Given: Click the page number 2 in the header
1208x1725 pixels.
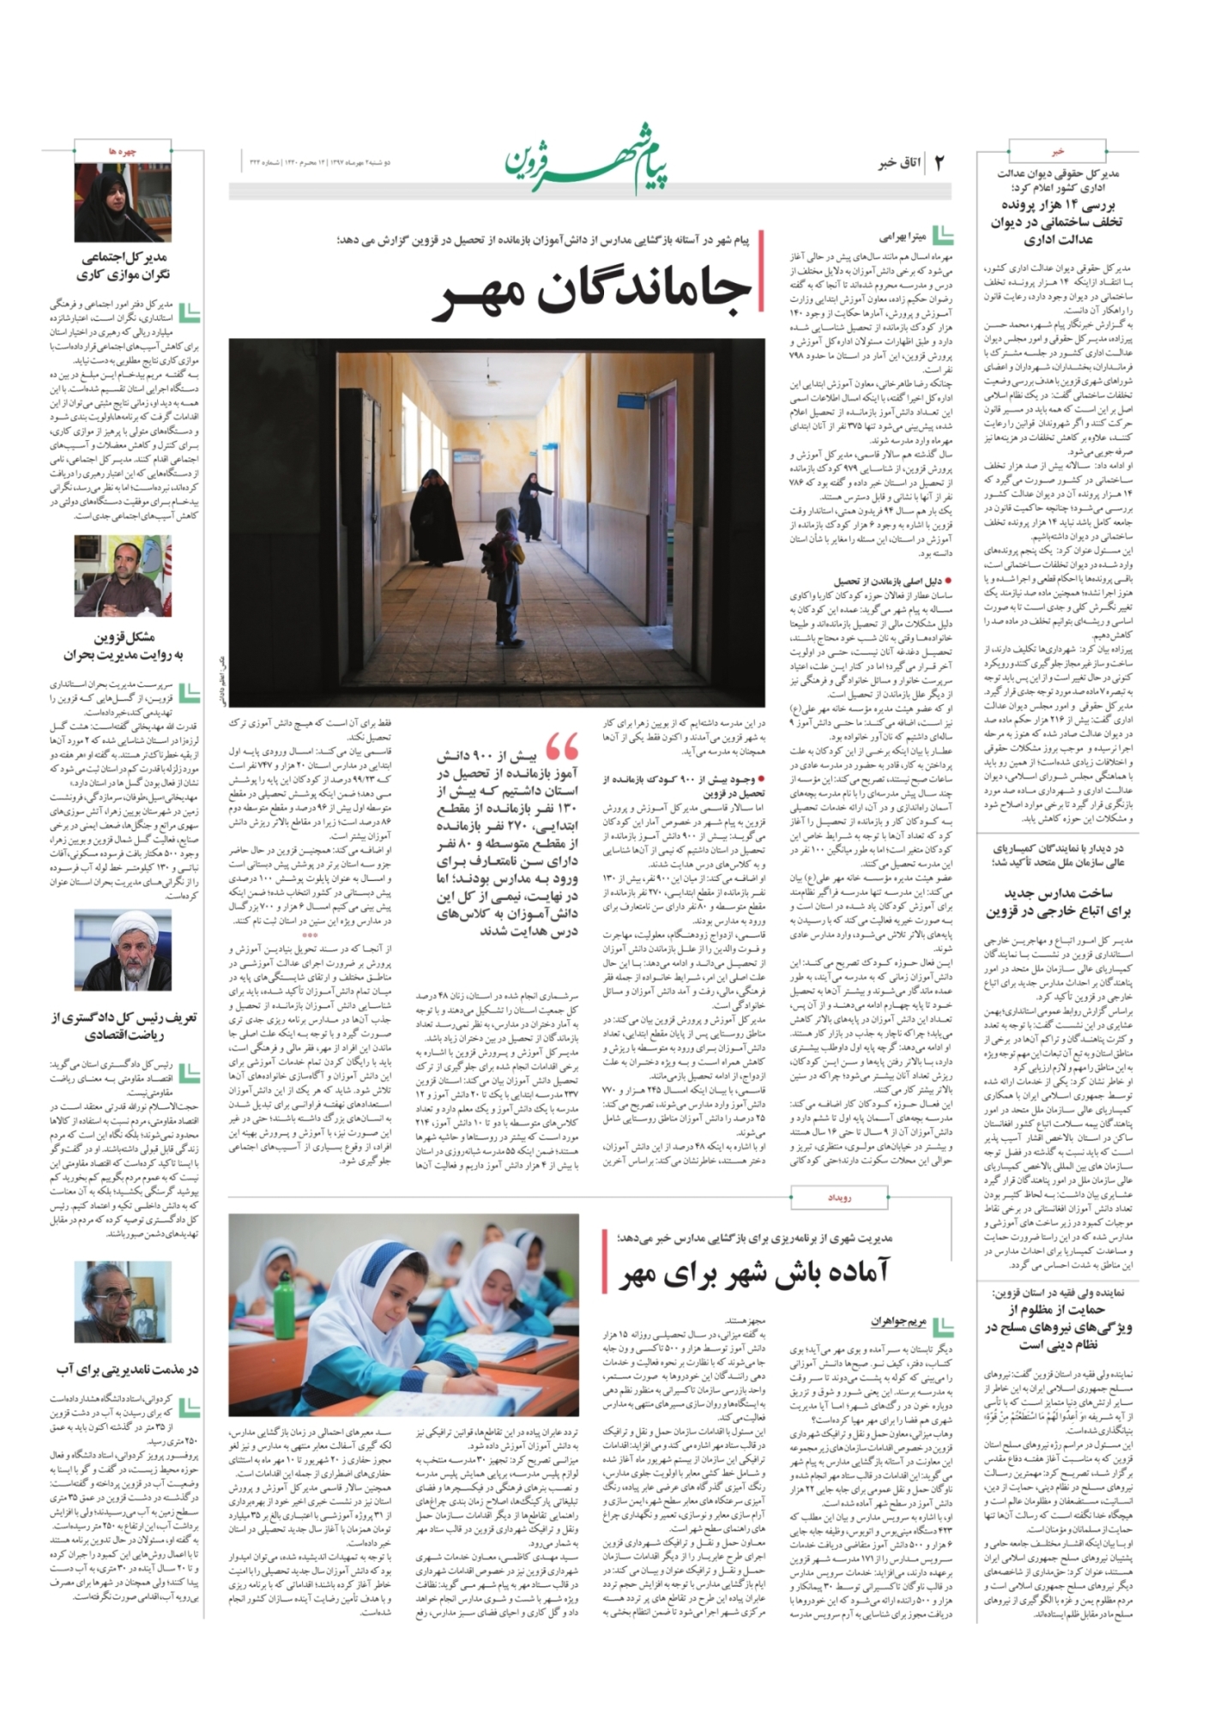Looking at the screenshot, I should pyautogui.click(x=939, y=162).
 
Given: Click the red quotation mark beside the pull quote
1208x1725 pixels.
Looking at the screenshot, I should pyautogui.click(x=562, y=746).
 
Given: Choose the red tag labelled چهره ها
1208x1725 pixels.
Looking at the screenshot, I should pyautogui.click(x=124, y=151).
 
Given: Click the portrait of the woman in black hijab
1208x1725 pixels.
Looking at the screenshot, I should pyautogui.click(x=122, y=202).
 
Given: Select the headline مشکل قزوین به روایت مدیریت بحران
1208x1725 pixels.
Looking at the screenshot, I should pyautogui.click(x=124, y=646).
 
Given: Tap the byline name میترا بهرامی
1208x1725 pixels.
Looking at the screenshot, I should pyautogui.click(x=900, y=235).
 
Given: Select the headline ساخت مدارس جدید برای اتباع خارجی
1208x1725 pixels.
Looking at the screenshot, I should pyautogui.click(x=1058, y=902).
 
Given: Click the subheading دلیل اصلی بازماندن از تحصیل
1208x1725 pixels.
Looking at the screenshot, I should pyautogui.click(x=888, y=581).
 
